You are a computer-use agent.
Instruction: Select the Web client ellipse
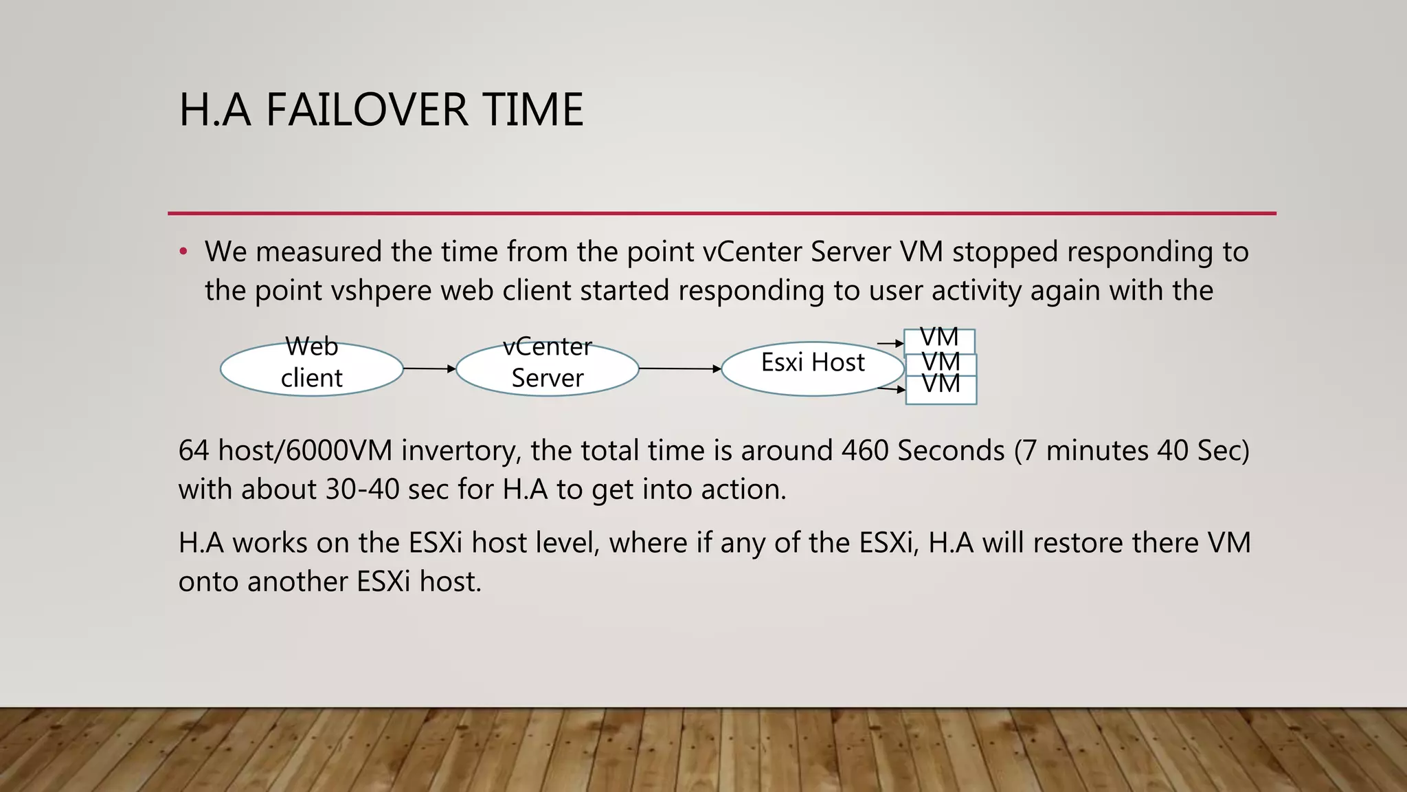311,369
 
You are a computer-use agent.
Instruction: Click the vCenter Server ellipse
548,369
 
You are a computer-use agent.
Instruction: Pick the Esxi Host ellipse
812,369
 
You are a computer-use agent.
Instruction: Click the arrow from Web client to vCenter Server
429,368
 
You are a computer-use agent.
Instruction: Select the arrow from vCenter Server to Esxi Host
680,368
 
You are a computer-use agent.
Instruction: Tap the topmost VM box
939,340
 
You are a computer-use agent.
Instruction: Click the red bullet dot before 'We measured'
183,252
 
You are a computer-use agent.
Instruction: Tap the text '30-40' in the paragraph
362,489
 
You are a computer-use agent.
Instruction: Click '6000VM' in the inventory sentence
339,450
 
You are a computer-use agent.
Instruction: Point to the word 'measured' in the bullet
319,252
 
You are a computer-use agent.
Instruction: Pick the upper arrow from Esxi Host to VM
890,343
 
